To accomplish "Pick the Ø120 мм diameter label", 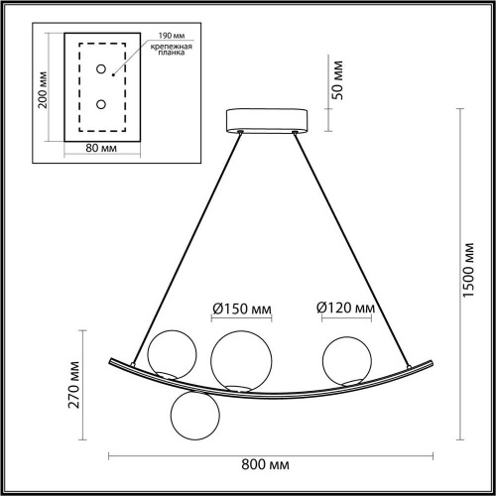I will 345,310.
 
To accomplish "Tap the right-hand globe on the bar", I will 342,358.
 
